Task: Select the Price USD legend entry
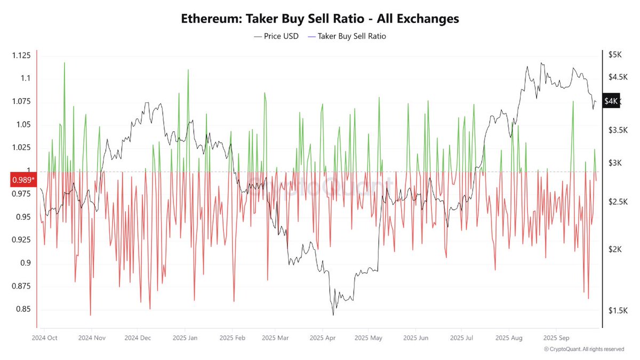(276, 36)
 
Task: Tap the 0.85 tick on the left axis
(23, 309)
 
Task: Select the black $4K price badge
(611, 101)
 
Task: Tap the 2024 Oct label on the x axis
(45, 338)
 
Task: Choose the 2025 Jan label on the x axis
(186, 338)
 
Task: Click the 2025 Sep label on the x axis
(556, 338)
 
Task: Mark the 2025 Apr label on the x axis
(322, 338)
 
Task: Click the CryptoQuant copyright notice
(584, 349)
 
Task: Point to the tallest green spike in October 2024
(65, 62)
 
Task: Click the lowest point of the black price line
(333, 315)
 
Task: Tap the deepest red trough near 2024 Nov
(90, 315)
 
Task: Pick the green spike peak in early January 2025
(188, 69)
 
